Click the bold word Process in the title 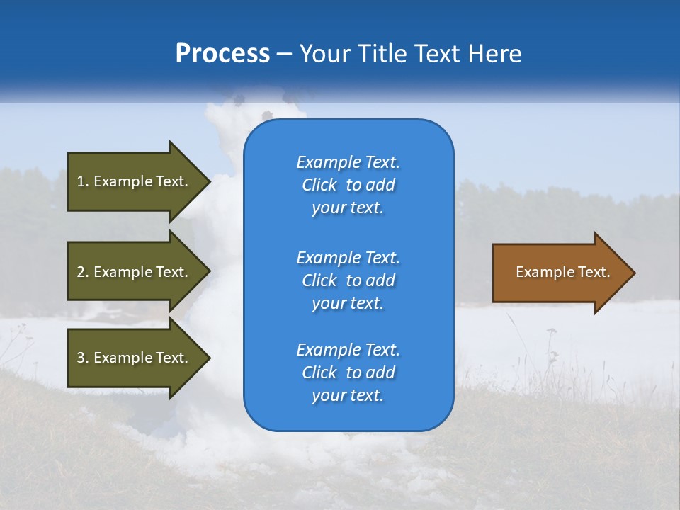pyautogui.click(x=222, y=54)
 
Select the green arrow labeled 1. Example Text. pyautogui.click(x=135, y=181)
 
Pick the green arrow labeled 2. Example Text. pyautogui.click(x=135, y=272)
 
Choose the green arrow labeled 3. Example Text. pyautogui.click(x=135, y=358)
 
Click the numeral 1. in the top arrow pyautogui.click(x=82, y=181)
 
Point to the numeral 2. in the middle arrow pyautogui.click(x=82, y=272)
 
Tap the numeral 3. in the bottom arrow pyautogui.click(x=82, y=358)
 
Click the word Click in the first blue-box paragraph pyautogui.click(x=319, y=185)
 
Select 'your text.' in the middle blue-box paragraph pyautogui.click(x=348, y=303)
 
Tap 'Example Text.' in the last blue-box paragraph pyautogui.click(x=348, y=350)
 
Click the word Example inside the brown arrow pyautogui.click(x=540, y=272)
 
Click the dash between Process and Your pyautogui.click(x=284, y=54)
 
